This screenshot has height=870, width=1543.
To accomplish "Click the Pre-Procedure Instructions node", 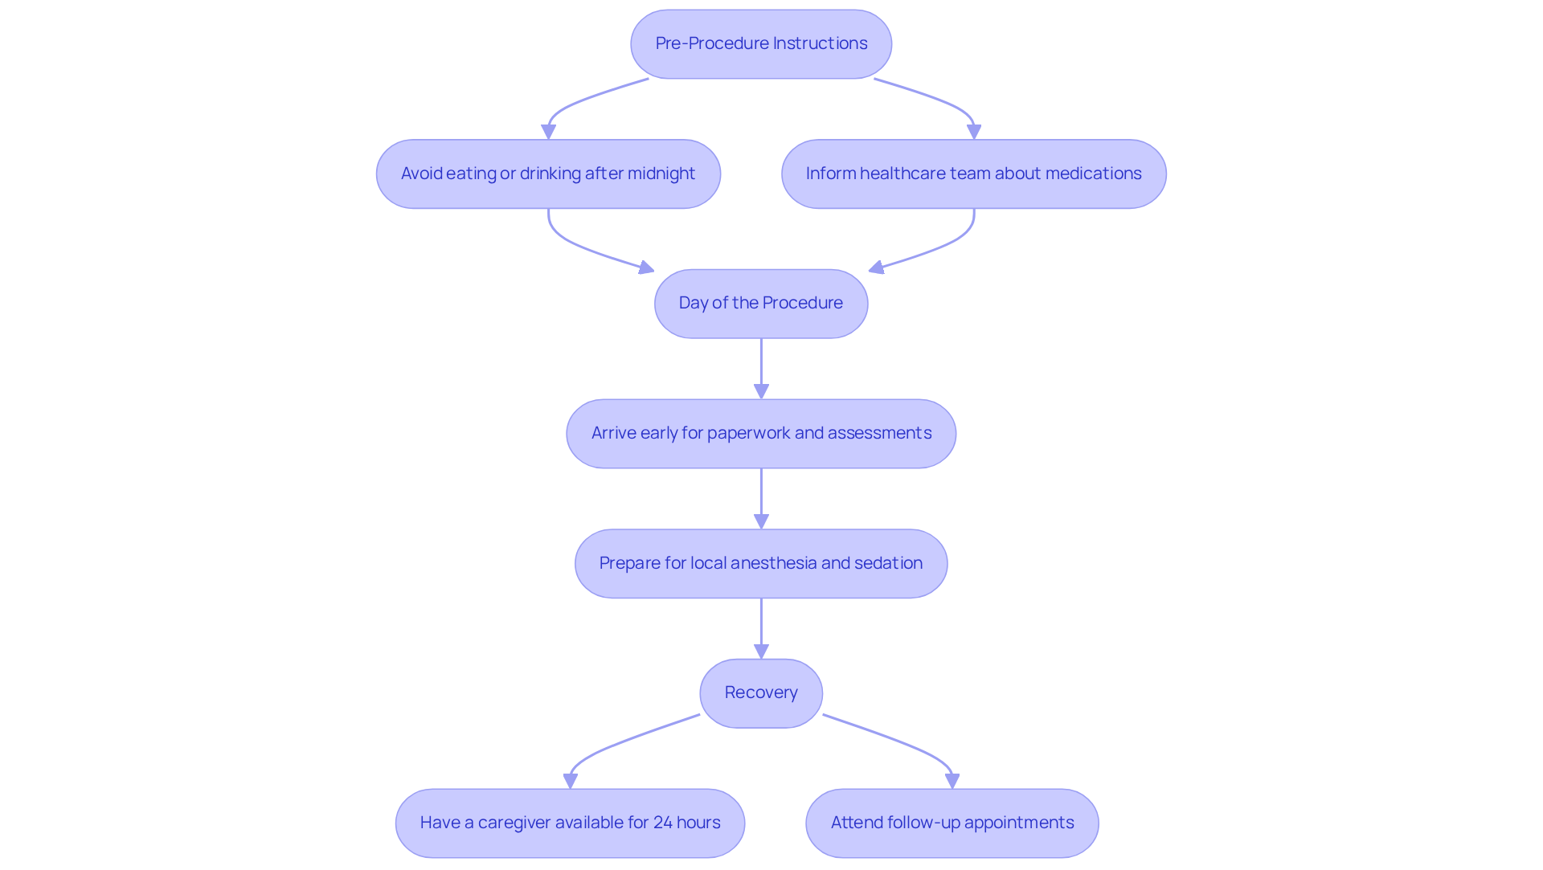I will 761,44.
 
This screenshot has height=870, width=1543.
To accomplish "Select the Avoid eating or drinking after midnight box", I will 548,174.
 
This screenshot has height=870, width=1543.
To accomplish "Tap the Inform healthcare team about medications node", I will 973,174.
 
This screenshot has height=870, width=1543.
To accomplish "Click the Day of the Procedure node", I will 761,304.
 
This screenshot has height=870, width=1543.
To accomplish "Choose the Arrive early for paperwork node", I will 761,434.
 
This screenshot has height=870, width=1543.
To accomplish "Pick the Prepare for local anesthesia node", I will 761,564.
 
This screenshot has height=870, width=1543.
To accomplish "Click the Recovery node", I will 761,693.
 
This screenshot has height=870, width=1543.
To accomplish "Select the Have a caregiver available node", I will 570,823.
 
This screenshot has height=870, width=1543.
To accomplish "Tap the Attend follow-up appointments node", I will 952,823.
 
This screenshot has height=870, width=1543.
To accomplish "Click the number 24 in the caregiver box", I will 662,823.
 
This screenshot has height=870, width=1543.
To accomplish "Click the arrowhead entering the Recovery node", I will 761,651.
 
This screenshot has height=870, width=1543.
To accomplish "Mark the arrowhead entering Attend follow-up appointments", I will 952,780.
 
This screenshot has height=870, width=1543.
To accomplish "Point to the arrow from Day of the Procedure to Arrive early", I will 761,366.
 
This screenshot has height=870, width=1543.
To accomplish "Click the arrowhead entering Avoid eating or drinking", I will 549,132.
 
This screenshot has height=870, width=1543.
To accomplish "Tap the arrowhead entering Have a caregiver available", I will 571,780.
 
